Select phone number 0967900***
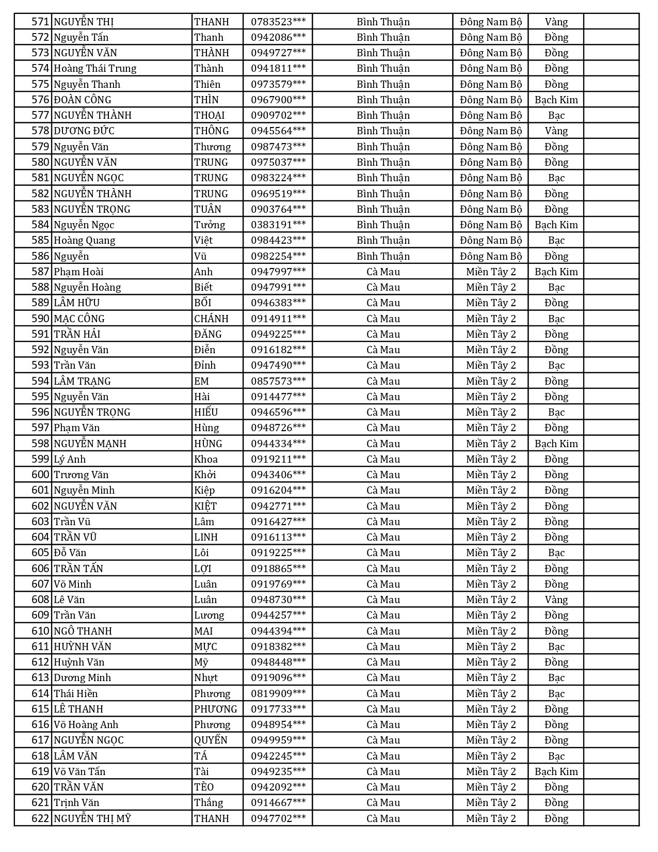click(x=278, y=100)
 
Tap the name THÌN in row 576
click(x=206, y=100)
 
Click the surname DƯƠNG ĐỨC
click(x=84, y=131)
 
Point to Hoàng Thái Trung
click(x=95, y=68)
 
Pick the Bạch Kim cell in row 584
click(x=556, y=225)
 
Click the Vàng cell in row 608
click(x=556, y=599)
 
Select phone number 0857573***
click(x=278, y=381)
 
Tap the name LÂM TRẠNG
click(x=82, y=381)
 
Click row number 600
click(x=40, y=475)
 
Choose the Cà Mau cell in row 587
click(x=383, y=272)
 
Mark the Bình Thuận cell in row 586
click(x=383, y=256)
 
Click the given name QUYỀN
click(x=211, y=740)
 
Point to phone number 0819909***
click(x=278, y=693)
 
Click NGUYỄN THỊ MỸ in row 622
click(x=92, y=818)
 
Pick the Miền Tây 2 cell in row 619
click(x=491, y=771)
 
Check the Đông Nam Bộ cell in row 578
click(x=491, y=131)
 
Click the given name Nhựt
click(x=206, y=677)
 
